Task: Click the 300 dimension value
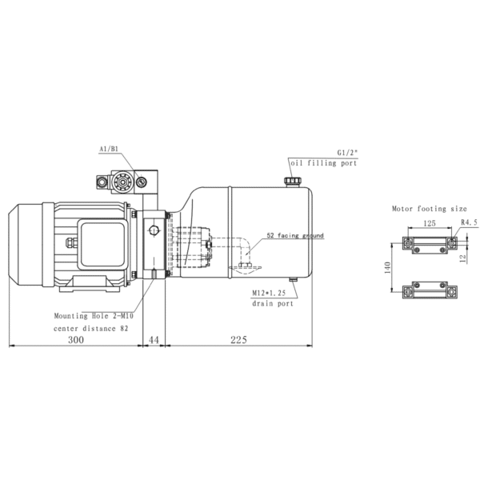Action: pyautogui.click(x=75, y=340)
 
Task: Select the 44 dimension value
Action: pyautogui.click(x=154, y=340)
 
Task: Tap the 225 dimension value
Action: pyautogui.click(x=238, y=340)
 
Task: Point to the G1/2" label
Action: pyautogui.click(x=345, y=151)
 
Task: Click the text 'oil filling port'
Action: pyautogui.click(x=324, y=163)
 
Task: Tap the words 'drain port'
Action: pyautogui.click(x=272, y=304)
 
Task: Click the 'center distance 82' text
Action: pyautogui.click(x=90, y=328)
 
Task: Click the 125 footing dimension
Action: pyautogui.click(x=429, y=224)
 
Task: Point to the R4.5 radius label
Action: pyautogui.click(x=469, y=224)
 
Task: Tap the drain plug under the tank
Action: pyautogui.click(x=294, y=280)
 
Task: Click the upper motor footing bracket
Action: pyautogui.click(x=430, y=242)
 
